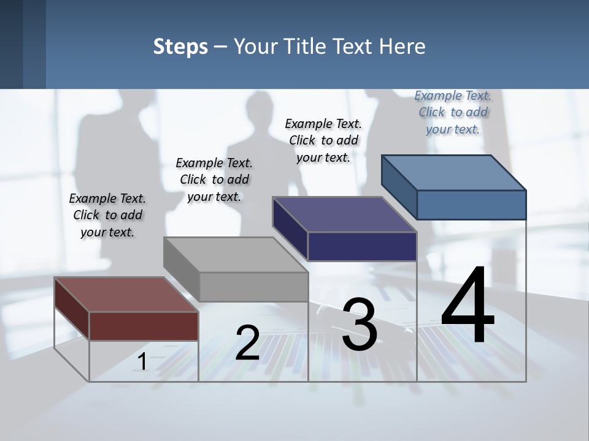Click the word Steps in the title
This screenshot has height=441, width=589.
(x=180, y=47)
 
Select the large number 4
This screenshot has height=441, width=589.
(x=468, y=306)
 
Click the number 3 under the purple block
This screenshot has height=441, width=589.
(x=360, y=325)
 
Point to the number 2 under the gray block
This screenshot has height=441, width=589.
(x=247, y=343)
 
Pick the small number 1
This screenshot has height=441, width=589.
(x=142, y=362)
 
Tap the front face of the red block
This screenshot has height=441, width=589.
(x=144, y=326)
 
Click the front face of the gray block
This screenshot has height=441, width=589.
(x=253, y=287)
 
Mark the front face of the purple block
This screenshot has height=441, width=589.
(x=362, y=246)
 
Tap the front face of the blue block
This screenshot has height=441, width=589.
(x=471, y=205)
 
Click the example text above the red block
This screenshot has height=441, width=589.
(x=107, y=215)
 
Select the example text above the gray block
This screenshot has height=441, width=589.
(x=214, y=179)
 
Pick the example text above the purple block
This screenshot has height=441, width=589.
(x=323, y=140)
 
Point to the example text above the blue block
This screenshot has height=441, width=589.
(x=453, y=112)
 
